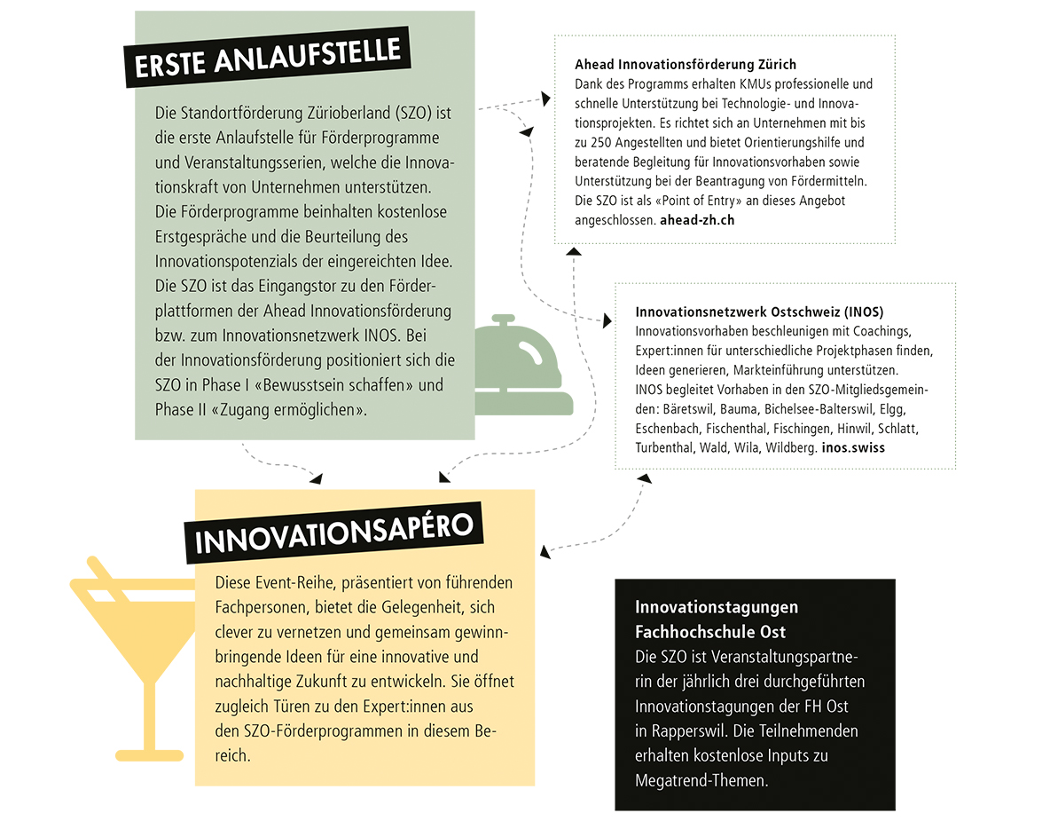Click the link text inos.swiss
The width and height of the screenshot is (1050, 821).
point(853,448)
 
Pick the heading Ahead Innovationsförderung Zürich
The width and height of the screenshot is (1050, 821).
point(686,65)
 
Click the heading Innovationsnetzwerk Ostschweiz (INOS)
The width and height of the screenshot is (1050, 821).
point(759,312)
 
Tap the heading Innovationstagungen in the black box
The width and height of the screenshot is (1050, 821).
point(717,607)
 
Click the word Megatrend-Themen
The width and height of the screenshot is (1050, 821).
point(701,780)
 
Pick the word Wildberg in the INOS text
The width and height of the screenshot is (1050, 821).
point(791,448)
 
